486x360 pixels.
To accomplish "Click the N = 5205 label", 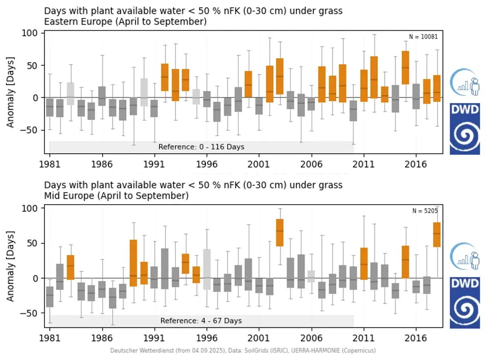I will [425, 211].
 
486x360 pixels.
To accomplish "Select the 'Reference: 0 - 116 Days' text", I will [201, 147].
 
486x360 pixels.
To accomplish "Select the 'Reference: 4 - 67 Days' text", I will [201, 321].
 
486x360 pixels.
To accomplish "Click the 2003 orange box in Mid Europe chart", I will [280, 232].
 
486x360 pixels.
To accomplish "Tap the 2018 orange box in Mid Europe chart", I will [437, 235].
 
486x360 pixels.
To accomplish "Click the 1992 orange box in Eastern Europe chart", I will [164, 77].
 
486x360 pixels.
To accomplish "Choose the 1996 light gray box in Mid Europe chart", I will [207, 270].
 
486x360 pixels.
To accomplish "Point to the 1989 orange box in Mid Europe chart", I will [133, 263].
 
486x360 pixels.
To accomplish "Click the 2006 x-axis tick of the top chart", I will [311, 164].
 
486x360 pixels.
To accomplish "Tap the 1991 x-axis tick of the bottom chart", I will [154, 338].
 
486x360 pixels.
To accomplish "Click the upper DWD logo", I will [465, 128].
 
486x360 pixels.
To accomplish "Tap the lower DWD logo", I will [465, 303].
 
